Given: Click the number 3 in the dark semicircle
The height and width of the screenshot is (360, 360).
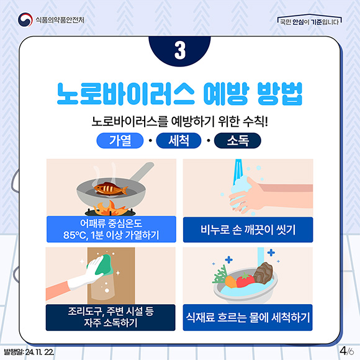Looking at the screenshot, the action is [180, 50].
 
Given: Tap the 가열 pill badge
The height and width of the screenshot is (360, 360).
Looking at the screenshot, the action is [120, 140].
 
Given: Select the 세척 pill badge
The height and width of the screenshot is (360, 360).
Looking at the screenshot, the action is [179, 140].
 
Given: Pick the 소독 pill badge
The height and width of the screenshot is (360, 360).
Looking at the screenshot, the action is [238, 140].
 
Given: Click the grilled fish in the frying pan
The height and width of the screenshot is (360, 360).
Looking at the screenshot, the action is [110, 189].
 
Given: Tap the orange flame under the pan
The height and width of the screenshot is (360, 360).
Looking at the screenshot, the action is [110, 208].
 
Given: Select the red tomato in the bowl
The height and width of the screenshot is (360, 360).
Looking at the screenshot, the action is [245, 280].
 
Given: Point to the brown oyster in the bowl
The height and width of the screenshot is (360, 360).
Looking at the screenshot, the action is [263, 272].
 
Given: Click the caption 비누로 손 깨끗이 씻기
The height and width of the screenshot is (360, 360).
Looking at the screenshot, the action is [248, 230].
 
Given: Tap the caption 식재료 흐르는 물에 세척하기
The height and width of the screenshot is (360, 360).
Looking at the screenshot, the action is [248, 317].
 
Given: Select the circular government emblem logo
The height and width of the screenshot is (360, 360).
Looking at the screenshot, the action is [25, 19].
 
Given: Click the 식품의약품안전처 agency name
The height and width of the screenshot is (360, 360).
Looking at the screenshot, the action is [60, 20].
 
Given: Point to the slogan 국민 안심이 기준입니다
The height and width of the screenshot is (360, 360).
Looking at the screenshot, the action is [309, 22].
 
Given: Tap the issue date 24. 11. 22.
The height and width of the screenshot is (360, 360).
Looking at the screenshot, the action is [40, 352].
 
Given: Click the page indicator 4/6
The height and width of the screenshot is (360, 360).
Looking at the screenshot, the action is [347, 351].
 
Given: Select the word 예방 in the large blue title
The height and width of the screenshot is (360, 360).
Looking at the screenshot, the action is [226, 94].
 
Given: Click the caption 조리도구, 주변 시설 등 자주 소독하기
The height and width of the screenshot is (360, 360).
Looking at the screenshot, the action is [110, 317].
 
